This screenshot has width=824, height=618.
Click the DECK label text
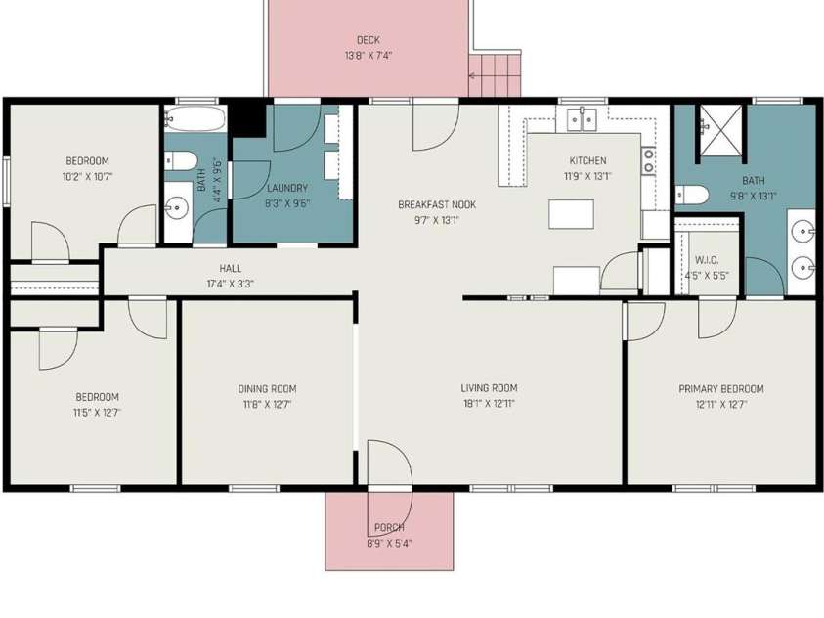[369, 40]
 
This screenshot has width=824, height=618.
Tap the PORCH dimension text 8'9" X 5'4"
[389, 543]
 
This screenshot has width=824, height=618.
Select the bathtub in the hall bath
[195, 118]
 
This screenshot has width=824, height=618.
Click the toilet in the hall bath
[180, 160]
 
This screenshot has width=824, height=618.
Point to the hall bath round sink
[177, 208]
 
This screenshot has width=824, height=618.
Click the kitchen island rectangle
[571, 214]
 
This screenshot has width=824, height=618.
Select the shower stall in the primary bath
[720, 130]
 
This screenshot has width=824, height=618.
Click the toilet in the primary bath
[692, 195]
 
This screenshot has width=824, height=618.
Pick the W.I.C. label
[707, 260]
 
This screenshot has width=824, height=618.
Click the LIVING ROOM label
[490, 388]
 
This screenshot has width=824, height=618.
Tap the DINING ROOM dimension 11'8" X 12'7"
[267, 405]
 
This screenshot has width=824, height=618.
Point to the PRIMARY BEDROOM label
[721, 389]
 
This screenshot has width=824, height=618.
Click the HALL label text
[230, 269]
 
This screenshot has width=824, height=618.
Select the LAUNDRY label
[287, 188]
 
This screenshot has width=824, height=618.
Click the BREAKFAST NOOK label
[437, 204]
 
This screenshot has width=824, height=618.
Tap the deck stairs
[495, 73]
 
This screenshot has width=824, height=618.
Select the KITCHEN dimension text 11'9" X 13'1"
[587, 177]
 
